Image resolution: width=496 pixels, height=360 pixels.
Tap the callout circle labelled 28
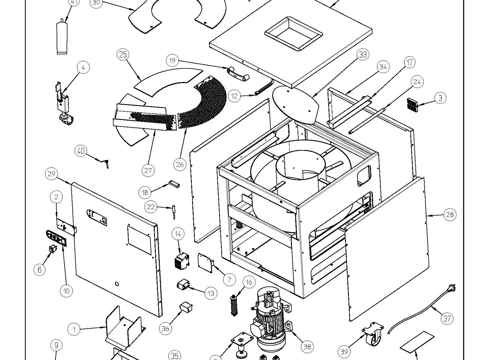coord(450,214)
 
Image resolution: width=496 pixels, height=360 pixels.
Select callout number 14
coord(178,234)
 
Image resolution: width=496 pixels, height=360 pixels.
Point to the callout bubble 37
coord(447,318)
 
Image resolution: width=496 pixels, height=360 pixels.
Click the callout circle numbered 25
coord(123,55)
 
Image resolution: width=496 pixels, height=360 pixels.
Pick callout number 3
coord(440,98)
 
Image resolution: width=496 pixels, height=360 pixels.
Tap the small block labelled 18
coord(174,184)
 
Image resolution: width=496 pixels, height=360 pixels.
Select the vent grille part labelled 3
coord(412,103)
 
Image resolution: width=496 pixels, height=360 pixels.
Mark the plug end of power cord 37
coord(452,289)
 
